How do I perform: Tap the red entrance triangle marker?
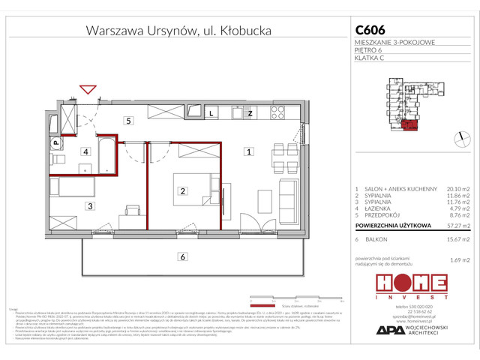click(x=88, y=90)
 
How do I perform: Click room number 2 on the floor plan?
click(x=182, y=191)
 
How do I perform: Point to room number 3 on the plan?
click(x=89, y=205)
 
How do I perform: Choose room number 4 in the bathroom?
click(x=86, y=151)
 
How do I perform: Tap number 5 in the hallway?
click(x=128, y=120)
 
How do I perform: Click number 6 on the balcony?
click(x=181, y=257)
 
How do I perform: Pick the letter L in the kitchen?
click(x=212, y=113)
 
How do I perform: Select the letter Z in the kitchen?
click(x=250, y=113)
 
